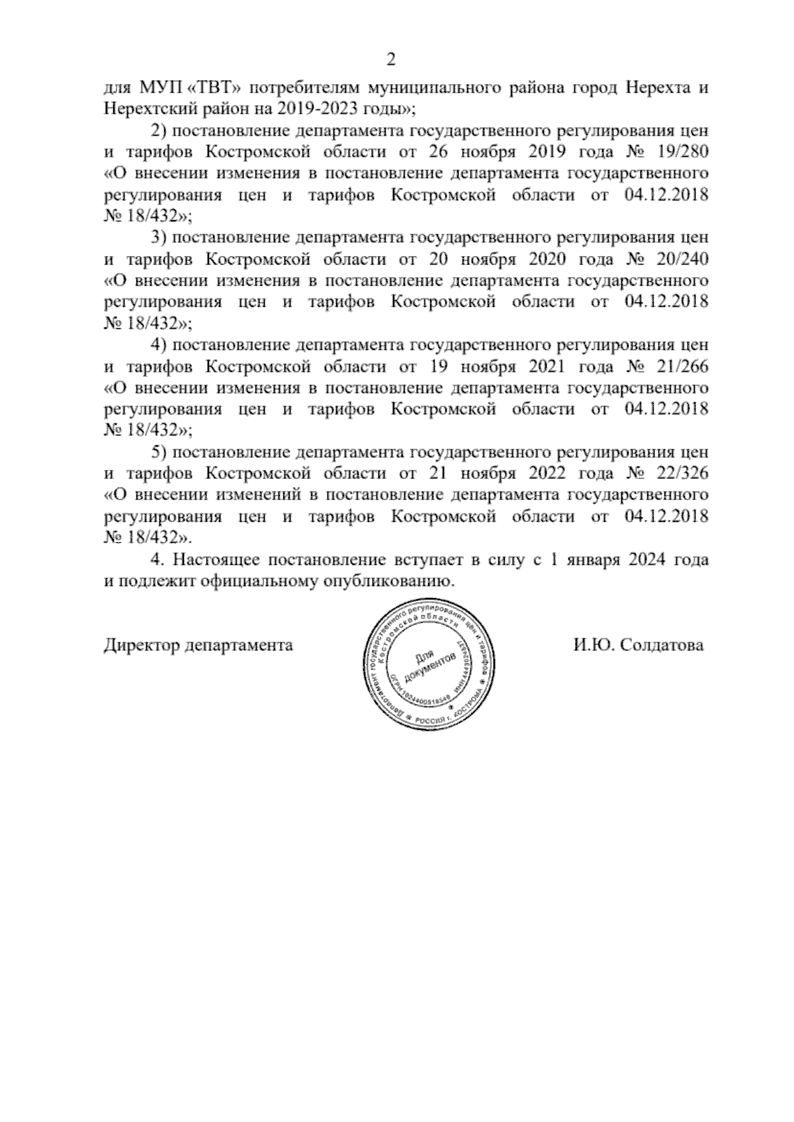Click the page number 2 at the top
tap(390, 61)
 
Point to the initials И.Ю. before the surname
tap(593, 645)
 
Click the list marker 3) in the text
tap(159, 237)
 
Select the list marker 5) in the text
tap(159, 453)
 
